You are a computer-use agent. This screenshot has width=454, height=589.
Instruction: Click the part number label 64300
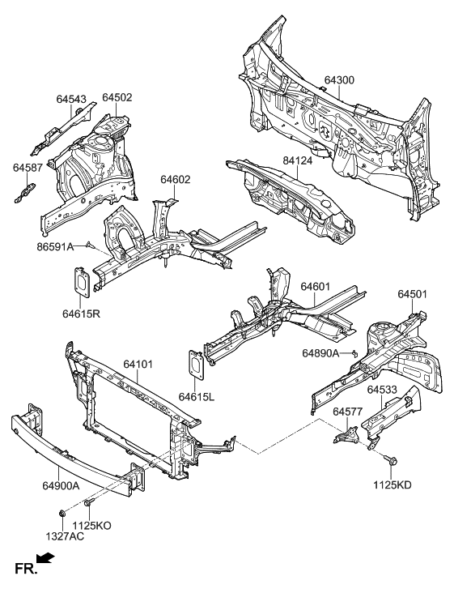click(x=339, y=81)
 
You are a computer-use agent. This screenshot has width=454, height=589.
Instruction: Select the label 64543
click(x=71, y=99)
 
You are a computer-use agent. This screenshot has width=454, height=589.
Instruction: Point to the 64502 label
click(x=117, y=98)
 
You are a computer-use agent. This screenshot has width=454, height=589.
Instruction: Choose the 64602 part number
click(x=175, y=180)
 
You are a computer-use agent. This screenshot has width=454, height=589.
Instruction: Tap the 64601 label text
click(x=316, y=286)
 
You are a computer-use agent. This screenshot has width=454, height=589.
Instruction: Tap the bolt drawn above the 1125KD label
click(x=392, y=461)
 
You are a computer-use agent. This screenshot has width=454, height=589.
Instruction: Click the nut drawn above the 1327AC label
click(x=62, y=513)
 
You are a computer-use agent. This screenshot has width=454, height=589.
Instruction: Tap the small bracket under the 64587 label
click(x=25, y=190)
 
